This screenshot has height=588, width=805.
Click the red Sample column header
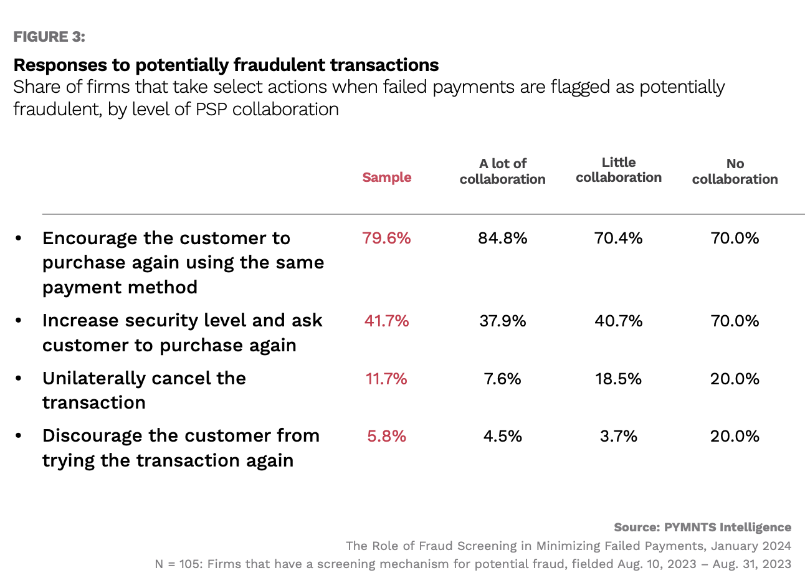point(386,178)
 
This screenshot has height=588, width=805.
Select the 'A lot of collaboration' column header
point(502,171)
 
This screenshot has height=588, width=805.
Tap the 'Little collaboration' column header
point(618,170)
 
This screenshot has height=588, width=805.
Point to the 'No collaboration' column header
point(735,171)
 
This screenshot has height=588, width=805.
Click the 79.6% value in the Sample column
point(386,238)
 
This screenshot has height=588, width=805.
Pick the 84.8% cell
point(502,238)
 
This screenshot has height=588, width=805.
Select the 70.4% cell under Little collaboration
point(618,238)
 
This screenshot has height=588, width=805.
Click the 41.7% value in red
point(386,321)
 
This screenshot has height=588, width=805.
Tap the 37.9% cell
point(502,321)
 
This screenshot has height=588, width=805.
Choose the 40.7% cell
point(618,321)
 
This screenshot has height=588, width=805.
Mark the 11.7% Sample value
point(386,379)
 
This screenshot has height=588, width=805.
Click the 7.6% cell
point(502,379)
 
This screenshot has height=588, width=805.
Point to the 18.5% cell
point(618,379)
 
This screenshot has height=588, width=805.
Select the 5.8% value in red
point(386,436)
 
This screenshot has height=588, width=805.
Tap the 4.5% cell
point(502,436)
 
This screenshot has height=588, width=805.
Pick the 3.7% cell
point(618,436)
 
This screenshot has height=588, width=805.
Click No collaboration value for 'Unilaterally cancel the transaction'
point(735,379)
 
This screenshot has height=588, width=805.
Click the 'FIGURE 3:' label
point(49,37)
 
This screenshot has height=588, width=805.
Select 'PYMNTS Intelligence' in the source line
point(727,528)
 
